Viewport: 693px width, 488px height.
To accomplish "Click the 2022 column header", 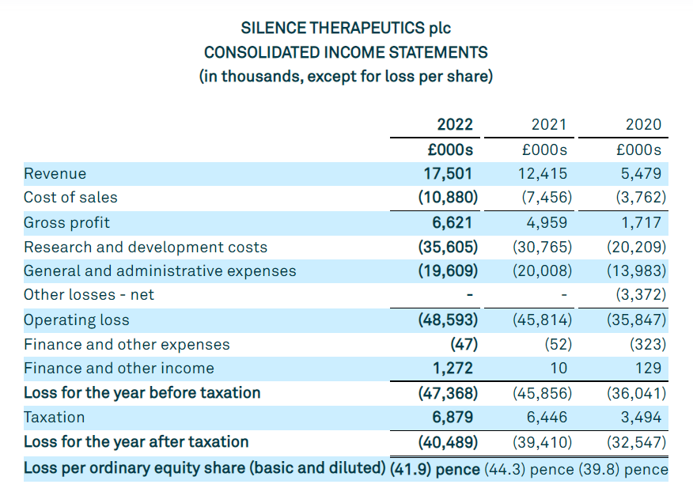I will pyautogui.click(x=455, y=124).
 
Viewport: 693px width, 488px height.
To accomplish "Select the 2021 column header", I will pyautogui.click(x=549, y=124).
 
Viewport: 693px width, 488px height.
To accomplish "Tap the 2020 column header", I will pyautogui.click(x=643, y=124).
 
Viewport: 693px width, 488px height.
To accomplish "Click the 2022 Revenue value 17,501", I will pyautogui.click(x=449, y=173).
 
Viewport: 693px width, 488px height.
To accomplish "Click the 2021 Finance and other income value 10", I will pyautogui.click(x=559, y=368).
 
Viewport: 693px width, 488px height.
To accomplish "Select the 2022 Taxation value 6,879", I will pyautogui.click(x=451, y=417).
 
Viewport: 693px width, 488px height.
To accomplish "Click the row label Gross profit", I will pyautogui.click(x=67, y=222).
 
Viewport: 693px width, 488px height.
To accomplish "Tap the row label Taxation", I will pyautogui.click(x=54, y=417).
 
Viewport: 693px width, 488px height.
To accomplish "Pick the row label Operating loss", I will pyautogui.click(x=77, y=320).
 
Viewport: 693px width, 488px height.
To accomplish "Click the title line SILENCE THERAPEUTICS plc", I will pyautogui.click(x=346, y=28).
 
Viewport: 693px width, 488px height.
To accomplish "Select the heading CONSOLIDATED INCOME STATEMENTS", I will pyautogui.click(x=346, y=52).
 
